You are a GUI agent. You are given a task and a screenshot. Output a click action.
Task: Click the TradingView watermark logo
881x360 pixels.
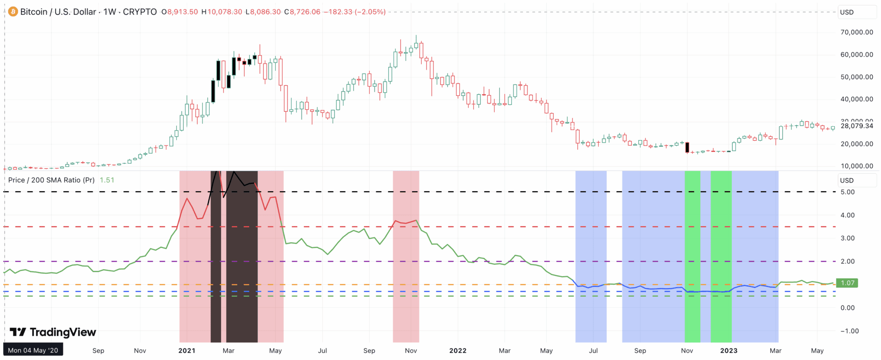pos(53,332)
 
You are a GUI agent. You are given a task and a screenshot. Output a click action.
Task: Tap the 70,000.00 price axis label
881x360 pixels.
pos(856,32)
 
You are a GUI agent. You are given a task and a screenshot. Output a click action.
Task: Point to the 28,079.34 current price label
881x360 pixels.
pos(856,126)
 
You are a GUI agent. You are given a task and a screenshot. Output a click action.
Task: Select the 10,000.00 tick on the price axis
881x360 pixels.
pos(856,166)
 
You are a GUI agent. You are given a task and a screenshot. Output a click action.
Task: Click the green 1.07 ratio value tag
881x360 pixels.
pos(847,283)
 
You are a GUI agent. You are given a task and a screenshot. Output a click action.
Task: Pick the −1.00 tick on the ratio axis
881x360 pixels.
pos(848,331)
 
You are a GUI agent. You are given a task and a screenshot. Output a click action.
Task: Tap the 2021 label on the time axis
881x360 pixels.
pos(187,350)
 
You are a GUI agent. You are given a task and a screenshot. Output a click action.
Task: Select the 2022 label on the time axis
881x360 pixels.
pos(457,350)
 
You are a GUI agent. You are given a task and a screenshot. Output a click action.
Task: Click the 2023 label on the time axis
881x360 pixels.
pos(729,350)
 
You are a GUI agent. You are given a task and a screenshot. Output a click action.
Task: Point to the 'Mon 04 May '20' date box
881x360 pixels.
pos(33,350)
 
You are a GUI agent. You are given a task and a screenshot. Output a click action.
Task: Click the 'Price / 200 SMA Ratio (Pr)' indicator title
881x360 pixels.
pos(51,180)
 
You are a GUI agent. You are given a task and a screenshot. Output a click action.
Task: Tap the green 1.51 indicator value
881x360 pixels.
pos(107,180)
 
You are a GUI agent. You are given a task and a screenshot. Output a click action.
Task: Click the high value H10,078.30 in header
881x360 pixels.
pos(222,12)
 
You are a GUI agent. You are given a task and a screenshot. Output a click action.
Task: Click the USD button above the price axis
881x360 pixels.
pos(847,12)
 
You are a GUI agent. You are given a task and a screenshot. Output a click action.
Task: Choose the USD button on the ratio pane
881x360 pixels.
pos(847,180)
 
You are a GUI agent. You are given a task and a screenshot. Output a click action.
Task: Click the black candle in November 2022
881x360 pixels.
pos(687,147)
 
